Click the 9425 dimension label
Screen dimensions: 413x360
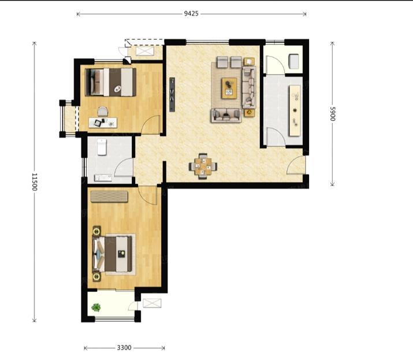click(191, 13)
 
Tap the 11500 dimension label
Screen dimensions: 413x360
click(35, 181)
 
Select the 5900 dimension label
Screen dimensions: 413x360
click(332, 114)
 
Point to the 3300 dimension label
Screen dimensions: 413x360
click(124, 348)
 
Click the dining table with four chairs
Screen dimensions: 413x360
click(203, 166)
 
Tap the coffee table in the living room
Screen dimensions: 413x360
click(229, 88)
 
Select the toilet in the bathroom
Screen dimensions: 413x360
click(102, 147)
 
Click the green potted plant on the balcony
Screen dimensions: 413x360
click(96, 307)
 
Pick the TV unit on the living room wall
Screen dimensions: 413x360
click(172, 94)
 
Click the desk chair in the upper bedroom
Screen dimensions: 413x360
click(103, 112)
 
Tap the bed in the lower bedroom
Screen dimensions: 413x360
click(113, 254)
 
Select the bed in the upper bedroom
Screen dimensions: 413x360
click(111, 82)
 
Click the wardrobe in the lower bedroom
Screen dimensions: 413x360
click(109, 196)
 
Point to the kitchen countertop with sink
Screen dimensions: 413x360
click(295, 111)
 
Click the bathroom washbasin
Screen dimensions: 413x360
click(103, 178)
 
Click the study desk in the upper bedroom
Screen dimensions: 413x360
click(103, 123)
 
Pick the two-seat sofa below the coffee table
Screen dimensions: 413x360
click(226, 116)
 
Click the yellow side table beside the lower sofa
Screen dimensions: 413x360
click(250, 113)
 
